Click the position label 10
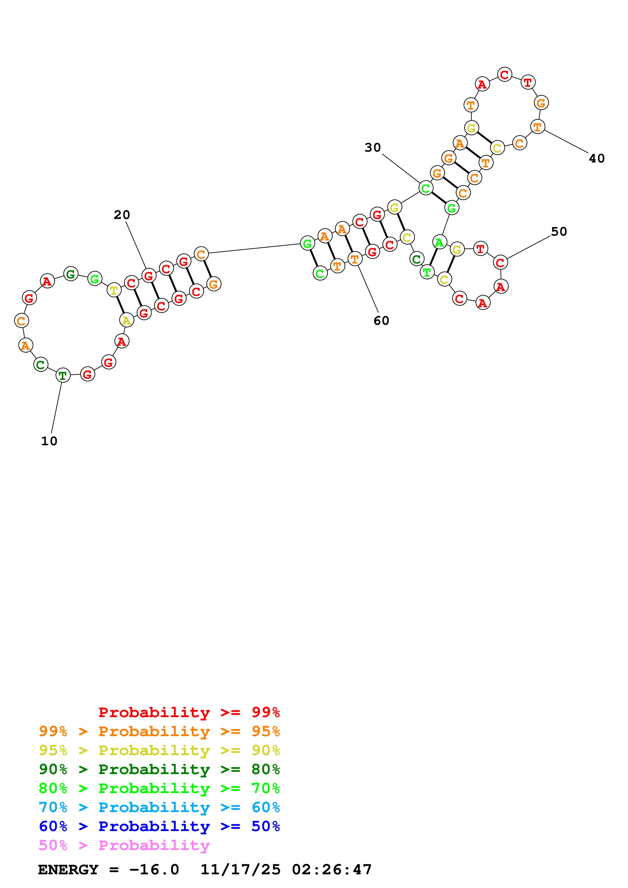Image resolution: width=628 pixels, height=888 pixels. click(x=49, y=441)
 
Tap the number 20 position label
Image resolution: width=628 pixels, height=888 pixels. click(x=122, y=215)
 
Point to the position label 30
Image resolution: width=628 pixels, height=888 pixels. click(x=373, y=147)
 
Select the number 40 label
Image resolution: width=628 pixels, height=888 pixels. click(x=597, y=158)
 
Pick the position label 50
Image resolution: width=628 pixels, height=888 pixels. click(x=559, y=231)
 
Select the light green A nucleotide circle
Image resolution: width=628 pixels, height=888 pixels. click(x=440, y=243)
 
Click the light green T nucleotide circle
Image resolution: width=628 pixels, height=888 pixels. click(x=427, y=272)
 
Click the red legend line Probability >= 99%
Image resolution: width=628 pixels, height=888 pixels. click(x=189, y=712)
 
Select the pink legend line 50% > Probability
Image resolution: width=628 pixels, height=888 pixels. click(x=124, y=845)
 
